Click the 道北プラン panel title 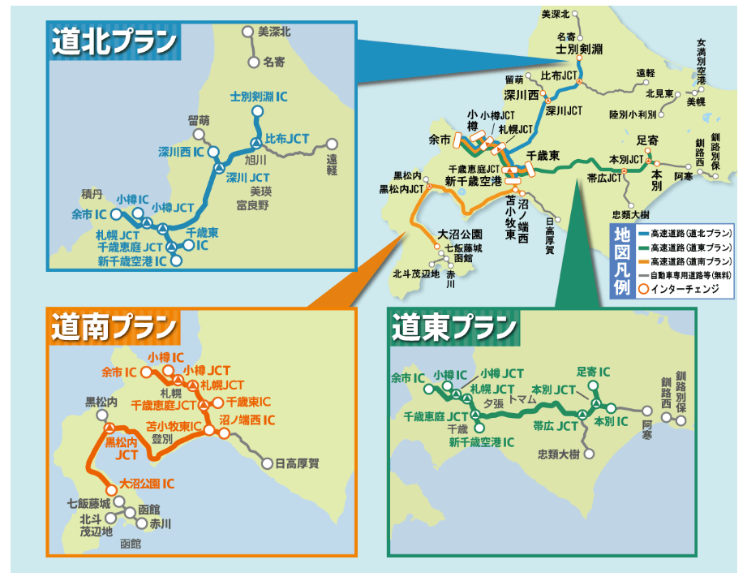click(x=114, y=42)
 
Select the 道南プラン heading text click(x=114, y=328)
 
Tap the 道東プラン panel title click(x=454, y=328)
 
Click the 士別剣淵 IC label click(x=259, y=97)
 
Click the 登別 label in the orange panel click(x=161, y=438)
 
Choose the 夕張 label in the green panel click(x=493, y=402)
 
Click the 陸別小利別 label click(x=632, y=114)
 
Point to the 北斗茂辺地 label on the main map click(x=414, y=273)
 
